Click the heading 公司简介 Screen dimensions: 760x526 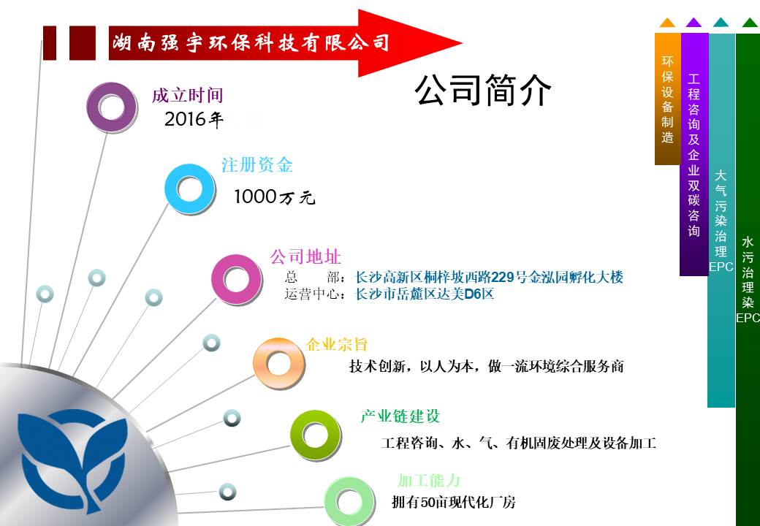[x=483, y=90]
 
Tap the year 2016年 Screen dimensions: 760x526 [x=194, y=119]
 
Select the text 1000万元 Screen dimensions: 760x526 [x=274, y=197]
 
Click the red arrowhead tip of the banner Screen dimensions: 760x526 [x=461, y=42]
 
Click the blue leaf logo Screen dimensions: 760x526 [x=72, y=460]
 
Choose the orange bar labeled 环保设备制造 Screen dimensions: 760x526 [x=667, y=99]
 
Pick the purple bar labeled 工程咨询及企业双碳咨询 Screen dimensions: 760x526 [x=694, y=154]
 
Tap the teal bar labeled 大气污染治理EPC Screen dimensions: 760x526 [x=721, y=221]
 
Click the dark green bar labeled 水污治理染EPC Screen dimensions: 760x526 [x=748, y=280]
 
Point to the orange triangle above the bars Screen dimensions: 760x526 [x=667, y=23]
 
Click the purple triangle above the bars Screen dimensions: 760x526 [x=694, y=23]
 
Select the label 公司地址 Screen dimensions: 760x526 [x=306, y=256]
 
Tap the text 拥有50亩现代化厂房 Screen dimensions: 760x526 [x=454, y=503]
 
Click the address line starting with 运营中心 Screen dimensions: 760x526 [x=389, y=294]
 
